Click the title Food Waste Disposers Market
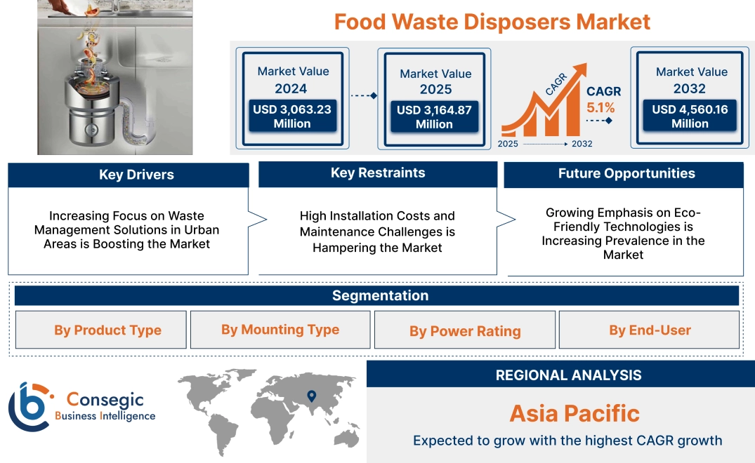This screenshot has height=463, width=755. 492,22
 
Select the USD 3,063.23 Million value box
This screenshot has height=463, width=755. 291,116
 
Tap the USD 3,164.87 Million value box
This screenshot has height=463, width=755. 434,117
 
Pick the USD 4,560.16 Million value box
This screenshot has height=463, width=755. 690,116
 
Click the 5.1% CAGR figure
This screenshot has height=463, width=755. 600,108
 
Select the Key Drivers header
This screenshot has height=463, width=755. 136,175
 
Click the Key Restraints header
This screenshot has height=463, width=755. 378,173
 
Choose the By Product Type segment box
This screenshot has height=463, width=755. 107,330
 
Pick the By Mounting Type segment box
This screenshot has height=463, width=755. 280,330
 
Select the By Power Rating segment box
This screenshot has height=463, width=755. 465,331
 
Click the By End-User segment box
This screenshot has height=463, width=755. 650,330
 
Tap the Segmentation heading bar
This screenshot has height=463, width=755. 380,295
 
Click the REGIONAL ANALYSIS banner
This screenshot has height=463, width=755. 568,375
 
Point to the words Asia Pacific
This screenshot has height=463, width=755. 575,413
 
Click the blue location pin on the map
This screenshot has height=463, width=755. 312,397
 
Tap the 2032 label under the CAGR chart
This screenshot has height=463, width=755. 582,144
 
